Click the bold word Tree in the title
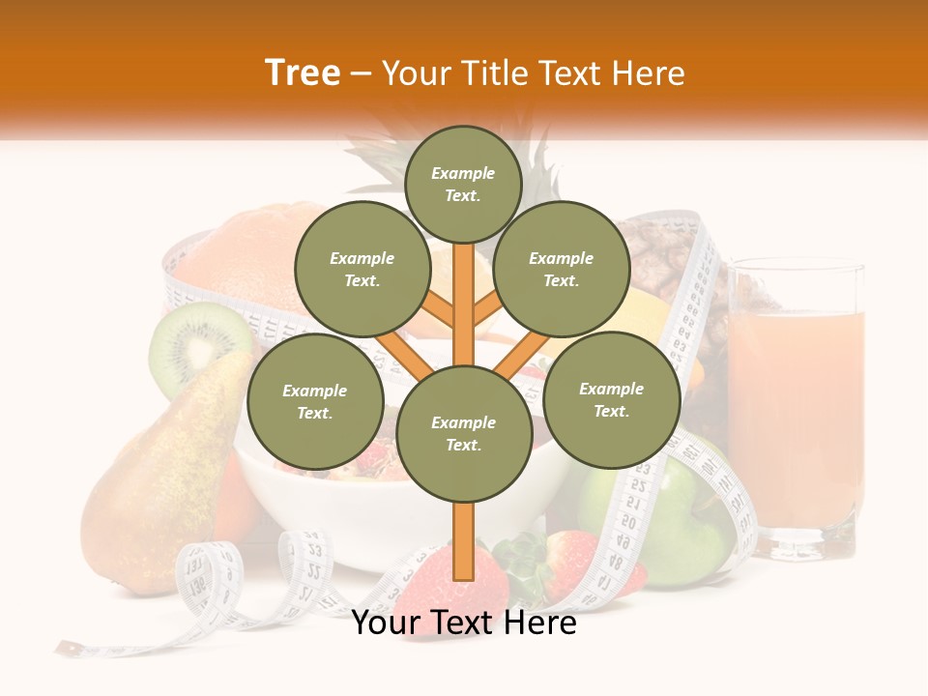coord(303,73)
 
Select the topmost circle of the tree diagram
coord(463,184)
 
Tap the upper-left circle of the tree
coord(362,269)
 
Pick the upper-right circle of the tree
coord(562,269)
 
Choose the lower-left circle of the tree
coord(315,401)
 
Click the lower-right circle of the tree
coord(611,399)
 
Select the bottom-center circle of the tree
coord(464,433)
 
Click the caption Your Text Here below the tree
coord(464,623)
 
